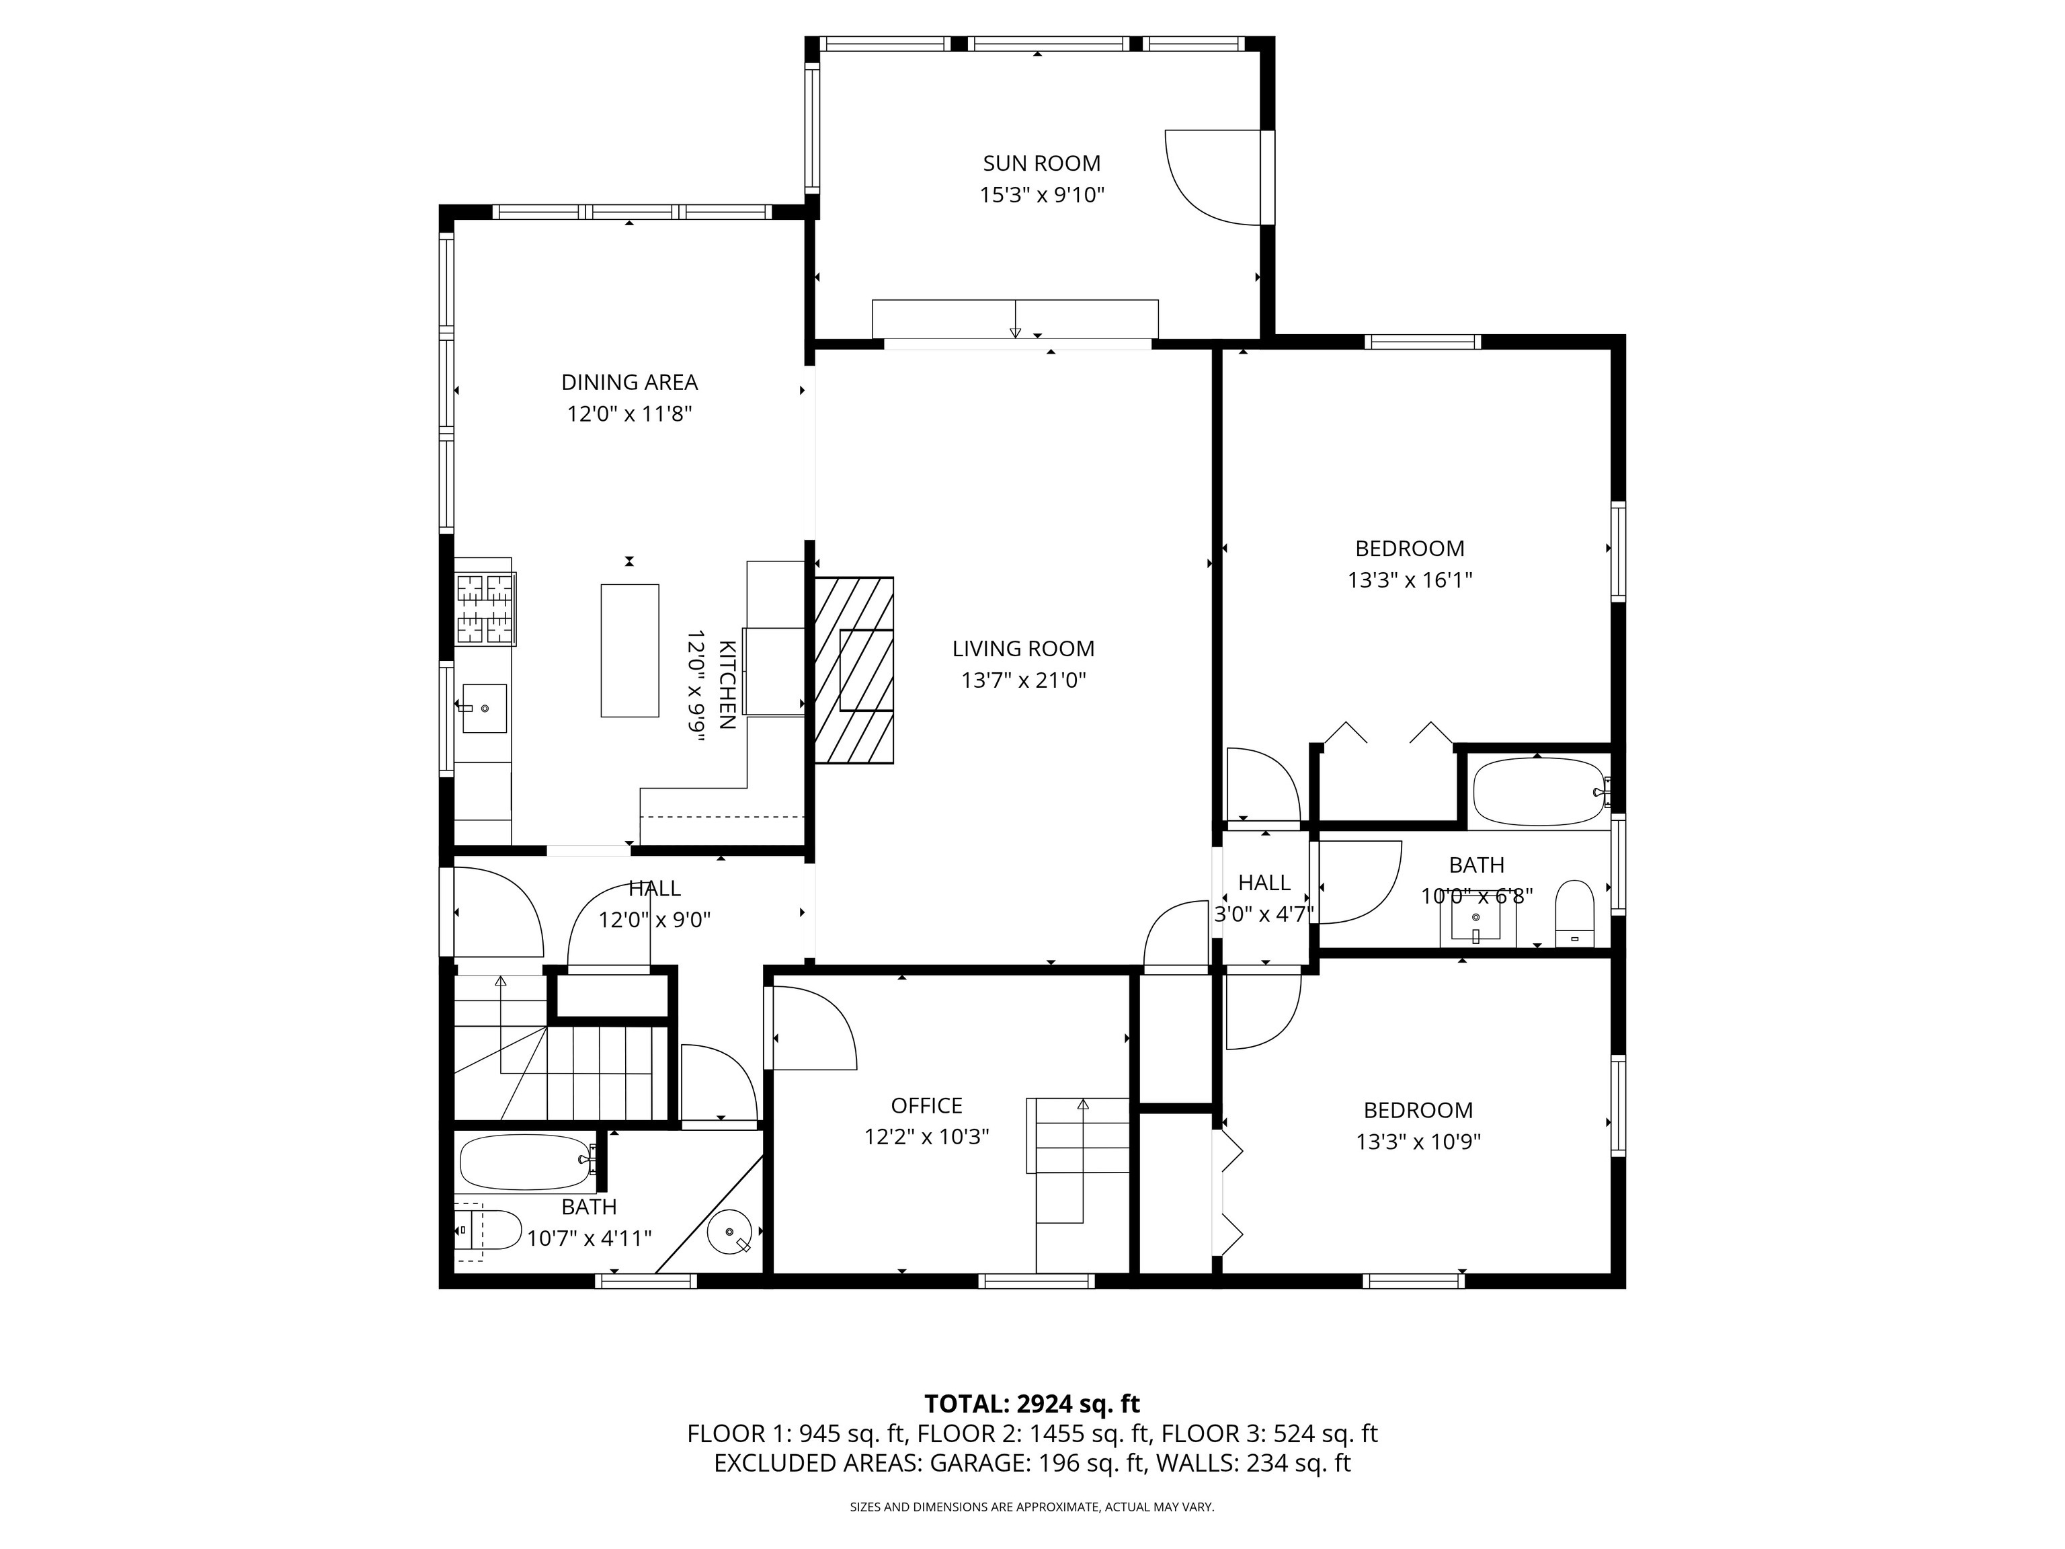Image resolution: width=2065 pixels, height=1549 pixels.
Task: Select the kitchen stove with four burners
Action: [x=485, y=608]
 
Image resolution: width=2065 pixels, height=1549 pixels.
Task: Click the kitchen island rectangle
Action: [x=630, y=650]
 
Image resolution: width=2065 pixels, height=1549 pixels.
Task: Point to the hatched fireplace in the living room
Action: [x=854, y=670]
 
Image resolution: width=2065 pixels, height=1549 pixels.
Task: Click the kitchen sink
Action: [x=485, y=709]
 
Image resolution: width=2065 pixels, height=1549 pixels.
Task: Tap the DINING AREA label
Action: [x=629, y=382]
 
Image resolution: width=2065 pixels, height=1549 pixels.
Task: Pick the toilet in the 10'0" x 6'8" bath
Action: [x=1575, y=913]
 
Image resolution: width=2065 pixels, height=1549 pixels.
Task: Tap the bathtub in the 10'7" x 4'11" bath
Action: [x=526, y=1162]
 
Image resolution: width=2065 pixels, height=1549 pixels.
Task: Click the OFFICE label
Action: [x=926, y=1105]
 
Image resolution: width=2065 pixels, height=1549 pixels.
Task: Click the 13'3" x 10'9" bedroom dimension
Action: [x=1418, y=1142]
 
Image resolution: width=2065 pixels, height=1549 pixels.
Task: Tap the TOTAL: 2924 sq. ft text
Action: [x=1032, y=1403]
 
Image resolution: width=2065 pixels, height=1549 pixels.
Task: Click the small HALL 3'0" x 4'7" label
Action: [x=1264, y=898]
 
